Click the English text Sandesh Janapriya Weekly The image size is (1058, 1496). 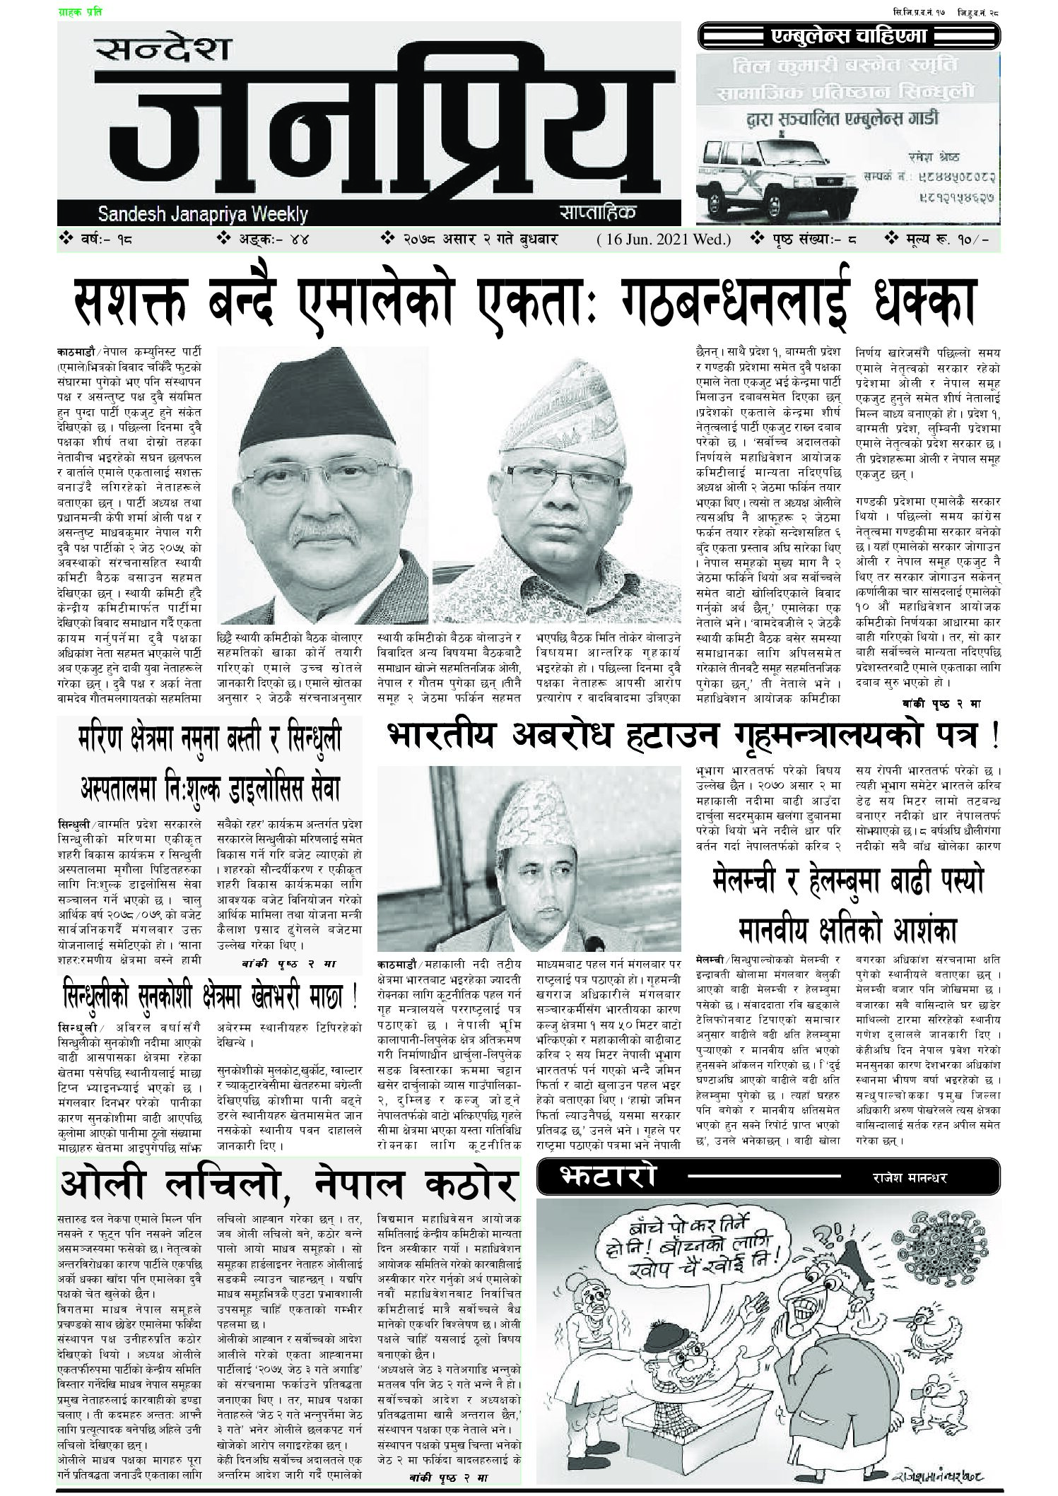pyautogui.click(x=204, y=213)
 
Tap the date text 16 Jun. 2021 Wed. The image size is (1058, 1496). pyautogui.click(x=664, y=240)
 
